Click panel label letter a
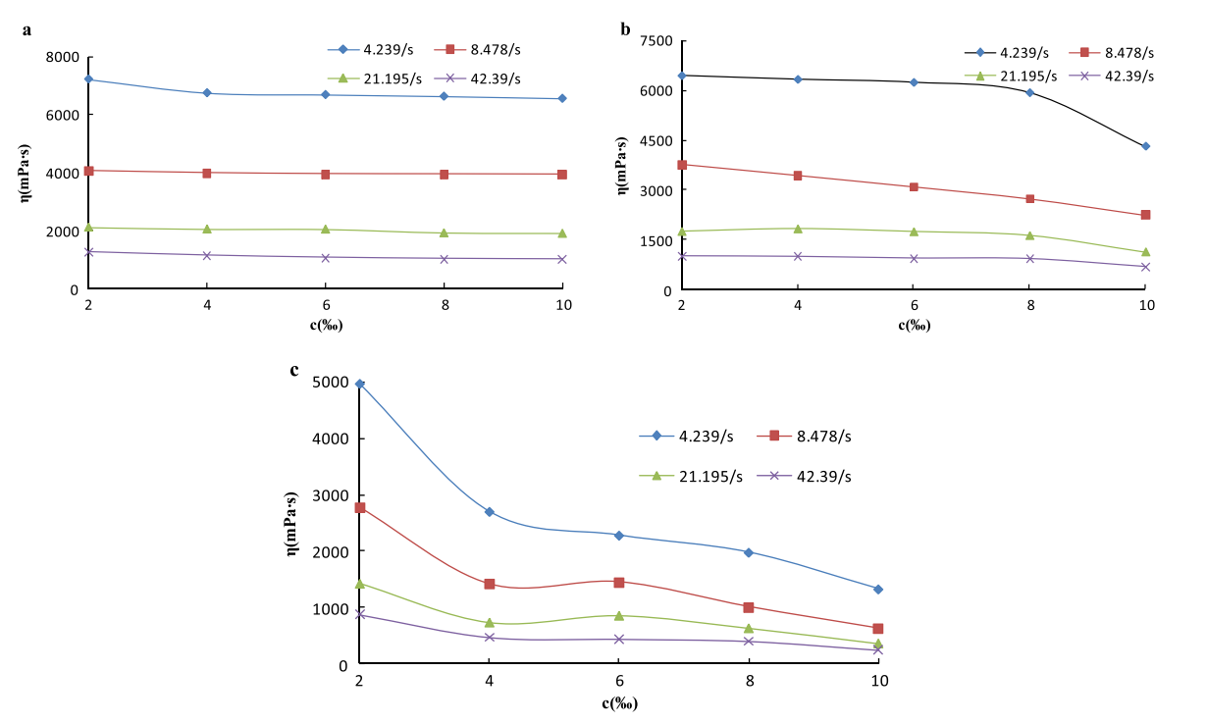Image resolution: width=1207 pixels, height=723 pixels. coord(27,30)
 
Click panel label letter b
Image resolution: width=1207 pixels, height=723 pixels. coord(625,29)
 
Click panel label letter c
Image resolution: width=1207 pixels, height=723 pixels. coord(294,370)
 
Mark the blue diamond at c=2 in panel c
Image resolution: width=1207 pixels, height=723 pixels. coord(360,384)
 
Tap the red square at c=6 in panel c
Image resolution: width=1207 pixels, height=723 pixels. coord(619,582)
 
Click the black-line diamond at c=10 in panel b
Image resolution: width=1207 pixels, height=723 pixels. coord(1145,146)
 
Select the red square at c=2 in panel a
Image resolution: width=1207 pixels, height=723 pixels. coord(88,171)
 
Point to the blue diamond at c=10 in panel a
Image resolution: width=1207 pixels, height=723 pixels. coord(562,98)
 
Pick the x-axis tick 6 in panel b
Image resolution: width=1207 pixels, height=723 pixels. coord(914,306)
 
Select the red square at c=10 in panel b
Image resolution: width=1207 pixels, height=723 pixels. coord(1145,215)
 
